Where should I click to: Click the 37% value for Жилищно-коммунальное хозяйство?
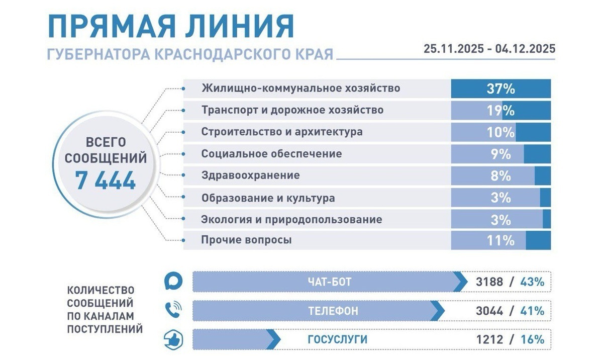500,89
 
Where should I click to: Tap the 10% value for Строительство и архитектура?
500,132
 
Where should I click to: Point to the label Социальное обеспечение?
271,154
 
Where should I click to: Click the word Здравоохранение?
250,175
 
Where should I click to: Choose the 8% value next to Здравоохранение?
500,176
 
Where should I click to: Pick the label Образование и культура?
268,198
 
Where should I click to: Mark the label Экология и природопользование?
291,220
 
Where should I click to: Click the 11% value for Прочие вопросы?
500,241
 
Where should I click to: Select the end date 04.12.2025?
525,49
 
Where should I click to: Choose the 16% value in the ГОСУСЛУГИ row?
532,340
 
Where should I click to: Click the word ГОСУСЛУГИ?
337,340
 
